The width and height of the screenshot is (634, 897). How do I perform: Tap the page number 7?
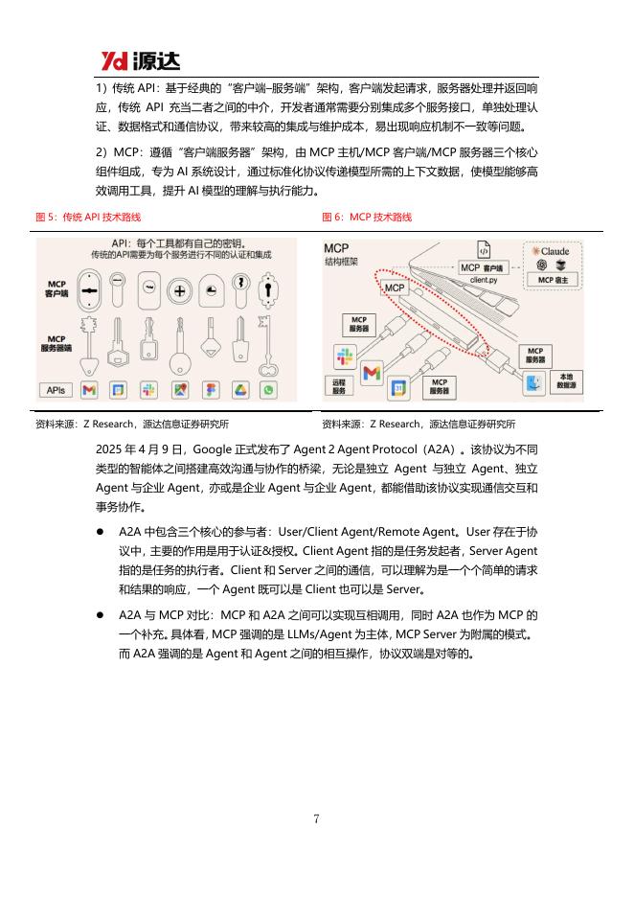[316, 817]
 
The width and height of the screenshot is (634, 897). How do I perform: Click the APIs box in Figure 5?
[55, 390]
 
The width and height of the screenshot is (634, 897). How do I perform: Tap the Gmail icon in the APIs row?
[89, 390]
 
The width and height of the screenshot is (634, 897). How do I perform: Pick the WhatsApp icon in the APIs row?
[268, 390]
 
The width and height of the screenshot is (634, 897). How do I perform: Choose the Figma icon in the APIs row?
[210, 390]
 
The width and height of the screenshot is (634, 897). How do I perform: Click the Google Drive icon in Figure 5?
[240, 390]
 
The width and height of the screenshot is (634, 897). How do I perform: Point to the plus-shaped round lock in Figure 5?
[179, 290]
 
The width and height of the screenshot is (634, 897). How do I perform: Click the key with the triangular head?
[89, 350]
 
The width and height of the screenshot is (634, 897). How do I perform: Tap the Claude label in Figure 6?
[552, 251]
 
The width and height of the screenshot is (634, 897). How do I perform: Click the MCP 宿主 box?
[552, 280]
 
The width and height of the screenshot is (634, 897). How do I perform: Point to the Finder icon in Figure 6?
[534, 385]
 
